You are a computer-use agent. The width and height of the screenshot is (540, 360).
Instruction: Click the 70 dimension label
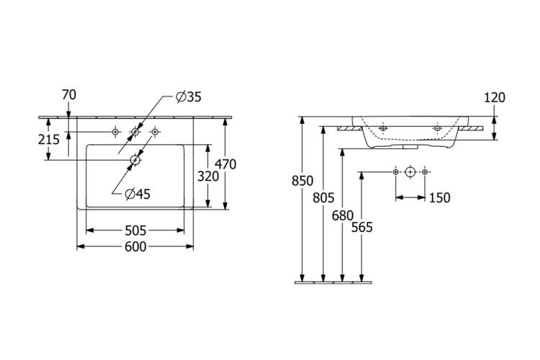click(69, 94)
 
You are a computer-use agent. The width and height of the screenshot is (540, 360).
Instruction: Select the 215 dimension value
click(49, 139)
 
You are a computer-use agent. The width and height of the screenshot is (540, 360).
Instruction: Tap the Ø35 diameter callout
click(189, 97)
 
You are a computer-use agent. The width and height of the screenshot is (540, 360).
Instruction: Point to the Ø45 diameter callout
click(137, 193)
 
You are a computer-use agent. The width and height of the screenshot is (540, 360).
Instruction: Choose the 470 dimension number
click(225, 164)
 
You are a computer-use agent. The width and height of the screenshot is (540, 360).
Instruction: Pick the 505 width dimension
click(135, 230)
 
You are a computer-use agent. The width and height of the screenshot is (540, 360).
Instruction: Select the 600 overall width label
click(135, 247)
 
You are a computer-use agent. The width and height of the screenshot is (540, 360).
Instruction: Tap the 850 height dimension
click(302, 181)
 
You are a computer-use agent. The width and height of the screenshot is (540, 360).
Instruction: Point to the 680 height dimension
click(342, 214)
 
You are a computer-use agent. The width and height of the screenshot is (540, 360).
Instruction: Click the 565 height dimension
click(361, 228)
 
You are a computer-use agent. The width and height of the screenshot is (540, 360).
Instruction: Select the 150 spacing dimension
click(439, 198)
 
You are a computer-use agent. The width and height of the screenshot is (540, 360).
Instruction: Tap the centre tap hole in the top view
click(135, 132)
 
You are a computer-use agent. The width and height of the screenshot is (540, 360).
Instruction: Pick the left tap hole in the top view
click(115, 132)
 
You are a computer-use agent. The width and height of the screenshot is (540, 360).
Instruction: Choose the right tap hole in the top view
click(154, 132)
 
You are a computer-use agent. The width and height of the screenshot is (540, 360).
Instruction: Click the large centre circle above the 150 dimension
click(410, 171)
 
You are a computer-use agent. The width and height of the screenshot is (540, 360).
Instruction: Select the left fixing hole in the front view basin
click(383, 128)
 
